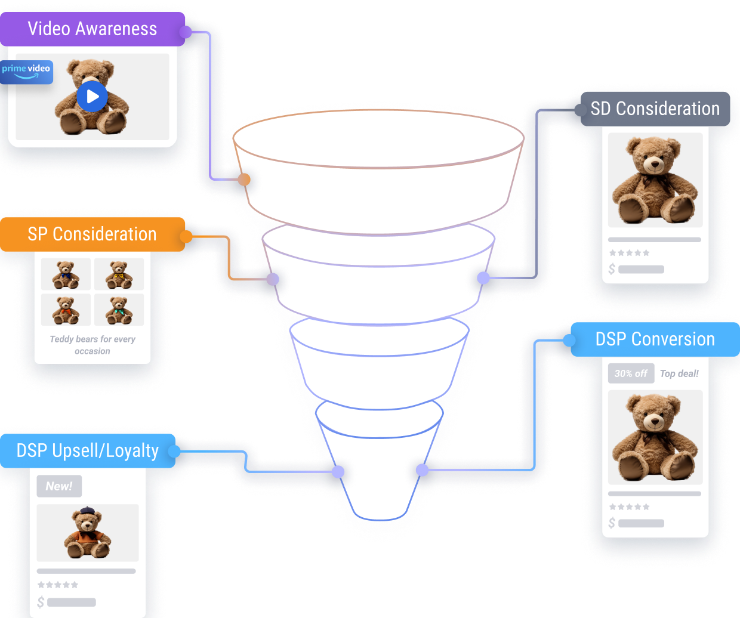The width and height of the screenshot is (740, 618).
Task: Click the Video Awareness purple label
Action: coord(92,29)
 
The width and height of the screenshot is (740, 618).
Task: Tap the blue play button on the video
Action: coord(92,96)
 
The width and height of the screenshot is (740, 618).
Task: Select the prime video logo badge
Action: coord(26,72)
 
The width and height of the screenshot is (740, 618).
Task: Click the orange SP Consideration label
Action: coord(92,234)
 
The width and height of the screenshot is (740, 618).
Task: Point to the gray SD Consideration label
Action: coord(655,109)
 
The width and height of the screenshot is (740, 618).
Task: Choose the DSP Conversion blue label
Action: coord(655,339)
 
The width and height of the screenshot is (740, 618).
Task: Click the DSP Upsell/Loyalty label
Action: coord(87,450)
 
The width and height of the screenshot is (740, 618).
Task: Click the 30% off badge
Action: coord(631,373)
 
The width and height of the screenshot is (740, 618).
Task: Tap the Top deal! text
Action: coord(679,373)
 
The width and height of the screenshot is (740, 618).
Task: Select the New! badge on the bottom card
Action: coord(59,486)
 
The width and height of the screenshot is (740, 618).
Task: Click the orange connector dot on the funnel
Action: coord(244,180)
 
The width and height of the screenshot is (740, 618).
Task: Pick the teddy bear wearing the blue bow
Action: coord(66,274)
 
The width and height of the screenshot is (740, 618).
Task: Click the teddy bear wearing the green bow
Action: coord(119,310)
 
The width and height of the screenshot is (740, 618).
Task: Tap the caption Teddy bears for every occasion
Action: coord(92,345)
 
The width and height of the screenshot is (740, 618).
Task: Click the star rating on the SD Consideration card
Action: coord(630,253)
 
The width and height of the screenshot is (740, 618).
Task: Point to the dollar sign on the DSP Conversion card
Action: coord(612,523)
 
